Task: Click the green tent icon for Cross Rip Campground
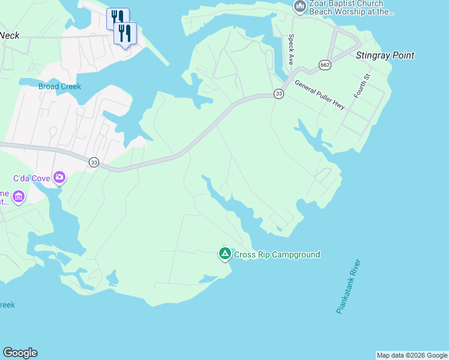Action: [x=224, y=254]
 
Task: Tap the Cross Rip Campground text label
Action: [x=277, y=254]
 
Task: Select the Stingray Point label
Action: [x=385, y=56]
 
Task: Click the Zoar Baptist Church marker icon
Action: [x=300, y=7]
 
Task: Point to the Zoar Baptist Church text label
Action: [x=351, y=7]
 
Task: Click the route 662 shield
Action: [x=325, y=65]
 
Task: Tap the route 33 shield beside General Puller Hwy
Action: [x=279, y=94]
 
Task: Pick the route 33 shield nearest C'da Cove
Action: [x=94, y=162]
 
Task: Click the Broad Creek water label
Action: [x=59, y=86]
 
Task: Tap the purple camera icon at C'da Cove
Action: [x=59, y=177]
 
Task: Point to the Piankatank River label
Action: [x=348, y=286]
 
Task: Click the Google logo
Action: [x=20, y=353]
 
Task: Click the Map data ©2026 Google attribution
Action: [x=412, y=355]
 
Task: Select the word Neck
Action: [x=10, y=35]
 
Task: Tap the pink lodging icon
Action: [x=19, y=197]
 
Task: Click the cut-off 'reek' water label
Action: [x=7, y=305]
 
